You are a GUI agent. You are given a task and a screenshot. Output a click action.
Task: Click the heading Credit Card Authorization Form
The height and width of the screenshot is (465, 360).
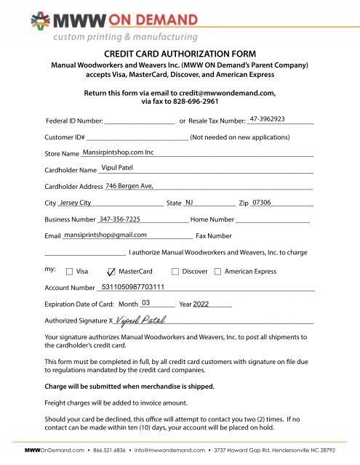pos(180,53)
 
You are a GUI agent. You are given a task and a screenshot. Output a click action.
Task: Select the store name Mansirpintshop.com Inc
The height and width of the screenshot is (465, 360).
pos(119,153)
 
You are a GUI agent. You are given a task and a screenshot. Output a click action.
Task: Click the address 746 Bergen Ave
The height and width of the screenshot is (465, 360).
pos(129,186)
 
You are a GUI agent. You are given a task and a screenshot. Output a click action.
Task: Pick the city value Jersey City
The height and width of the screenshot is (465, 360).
pos(76,203)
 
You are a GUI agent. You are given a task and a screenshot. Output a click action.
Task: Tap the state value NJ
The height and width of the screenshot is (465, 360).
pos(190,203)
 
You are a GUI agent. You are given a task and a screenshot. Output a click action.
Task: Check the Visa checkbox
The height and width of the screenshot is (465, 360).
pos(70,272)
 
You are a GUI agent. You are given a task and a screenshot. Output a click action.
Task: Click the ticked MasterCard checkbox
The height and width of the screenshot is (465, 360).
pos(111,272)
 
